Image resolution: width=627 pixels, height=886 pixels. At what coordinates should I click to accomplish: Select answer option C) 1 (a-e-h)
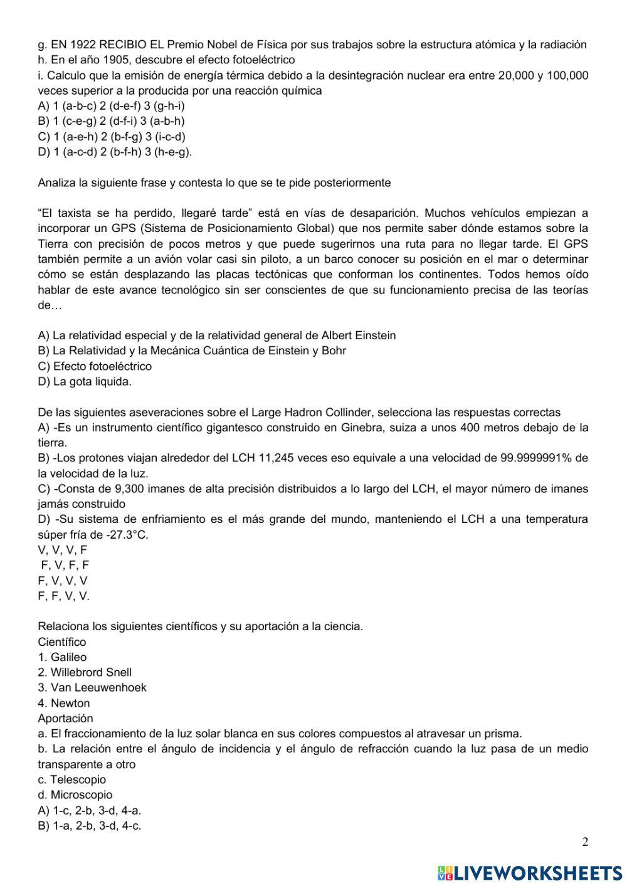(x=112, y=137)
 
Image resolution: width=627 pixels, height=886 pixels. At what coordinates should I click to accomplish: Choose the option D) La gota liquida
(x=85, y=381)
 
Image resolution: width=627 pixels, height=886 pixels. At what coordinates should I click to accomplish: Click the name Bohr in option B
(x=334, y=351)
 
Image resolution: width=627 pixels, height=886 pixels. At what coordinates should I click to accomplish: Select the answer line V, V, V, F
(x=63, y=550)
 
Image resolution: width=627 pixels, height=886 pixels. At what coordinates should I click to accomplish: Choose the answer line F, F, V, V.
(x=63, y=596)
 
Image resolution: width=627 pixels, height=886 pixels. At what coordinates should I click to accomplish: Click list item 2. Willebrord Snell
(x=85, y=672)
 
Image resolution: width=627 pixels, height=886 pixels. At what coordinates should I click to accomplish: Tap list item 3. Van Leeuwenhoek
(x=92, y=687)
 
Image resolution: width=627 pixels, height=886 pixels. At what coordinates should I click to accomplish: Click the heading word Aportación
(x=65, y=718)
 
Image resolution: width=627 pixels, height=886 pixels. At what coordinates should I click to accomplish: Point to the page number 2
(x=585, y=842)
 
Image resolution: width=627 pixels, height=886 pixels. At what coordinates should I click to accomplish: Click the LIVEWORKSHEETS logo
(x=530, y=872)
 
